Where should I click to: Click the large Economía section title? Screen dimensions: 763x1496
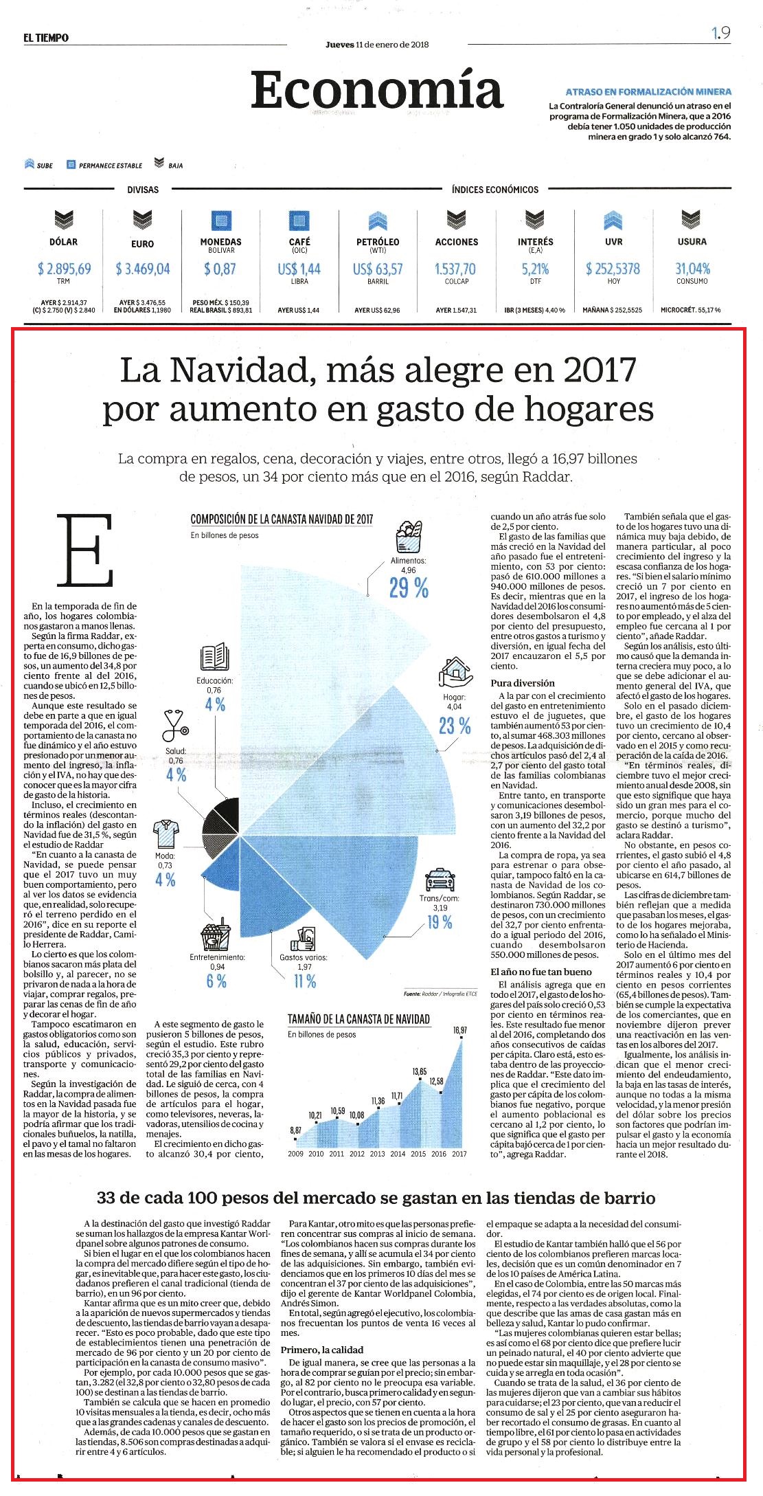377,91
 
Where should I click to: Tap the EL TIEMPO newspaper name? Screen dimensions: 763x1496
46,38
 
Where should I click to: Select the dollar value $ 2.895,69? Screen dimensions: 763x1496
65,269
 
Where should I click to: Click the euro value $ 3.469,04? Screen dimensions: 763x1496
143,269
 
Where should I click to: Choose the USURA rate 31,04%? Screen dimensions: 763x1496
692,269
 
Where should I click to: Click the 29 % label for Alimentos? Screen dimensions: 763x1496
409,588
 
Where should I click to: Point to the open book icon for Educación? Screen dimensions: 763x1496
214,657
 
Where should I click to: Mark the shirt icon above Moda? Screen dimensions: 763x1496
165,834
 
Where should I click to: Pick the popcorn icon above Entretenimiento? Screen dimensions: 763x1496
216,937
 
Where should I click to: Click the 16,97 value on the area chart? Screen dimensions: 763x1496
459,1030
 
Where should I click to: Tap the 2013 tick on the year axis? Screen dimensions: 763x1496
378,1154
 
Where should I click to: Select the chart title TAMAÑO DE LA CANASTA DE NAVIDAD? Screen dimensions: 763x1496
358,1019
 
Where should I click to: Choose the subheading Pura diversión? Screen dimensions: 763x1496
522,683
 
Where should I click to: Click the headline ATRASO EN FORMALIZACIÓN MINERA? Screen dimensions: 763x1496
648,91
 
